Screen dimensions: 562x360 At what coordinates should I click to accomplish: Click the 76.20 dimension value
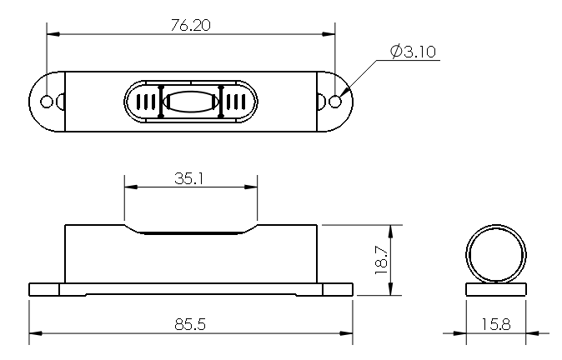(x=190, y=25)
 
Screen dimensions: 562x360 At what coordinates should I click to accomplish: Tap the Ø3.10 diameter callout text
(x=413, y=52)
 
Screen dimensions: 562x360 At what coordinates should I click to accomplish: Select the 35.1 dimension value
(x=189, y=178)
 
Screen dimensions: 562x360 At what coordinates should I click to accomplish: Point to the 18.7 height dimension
(x=382, y=260)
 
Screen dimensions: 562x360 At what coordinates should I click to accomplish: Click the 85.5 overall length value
(x=190, y=324)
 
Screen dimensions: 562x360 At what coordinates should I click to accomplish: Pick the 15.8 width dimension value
(x=495, y=324)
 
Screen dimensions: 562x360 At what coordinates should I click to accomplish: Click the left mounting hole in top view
(x=47, y=102)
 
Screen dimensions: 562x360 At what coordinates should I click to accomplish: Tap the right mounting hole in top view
(x=335, y=102)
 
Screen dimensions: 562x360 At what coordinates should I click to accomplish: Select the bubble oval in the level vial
(x=191, y=102)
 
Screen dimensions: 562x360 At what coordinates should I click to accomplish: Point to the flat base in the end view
(x=496, y=289)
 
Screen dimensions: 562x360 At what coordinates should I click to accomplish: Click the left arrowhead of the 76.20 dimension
(x=53, y=34)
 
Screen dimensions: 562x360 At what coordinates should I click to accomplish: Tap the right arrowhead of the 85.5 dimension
(x=346, y=333)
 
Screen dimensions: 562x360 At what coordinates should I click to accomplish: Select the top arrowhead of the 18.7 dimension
(x=391, y=232)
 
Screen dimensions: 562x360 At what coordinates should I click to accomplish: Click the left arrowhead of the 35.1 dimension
(x=131, y=187)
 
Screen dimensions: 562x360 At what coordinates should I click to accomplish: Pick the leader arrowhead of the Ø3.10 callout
(x=344, y=92)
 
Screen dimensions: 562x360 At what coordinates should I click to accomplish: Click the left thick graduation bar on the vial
(x=161, y=102)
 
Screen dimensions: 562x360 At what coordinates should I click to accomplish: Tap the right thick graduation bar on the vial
(x=221, y=102)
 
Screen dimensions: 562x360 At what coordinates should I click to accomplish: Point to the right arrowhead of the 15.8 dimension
(x=532, y=333)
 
